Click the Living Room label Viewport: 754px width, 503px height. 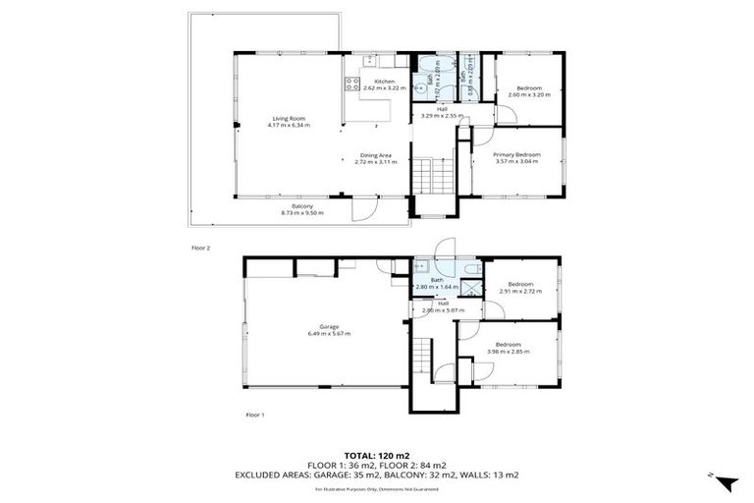(290, 119)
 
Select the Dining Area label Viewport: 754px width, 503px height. (376, 155)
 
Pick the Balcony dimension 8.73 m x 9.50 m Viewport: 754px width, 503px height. (302, 212)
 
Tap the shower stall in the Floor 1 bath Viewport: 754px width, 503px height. (471, 288)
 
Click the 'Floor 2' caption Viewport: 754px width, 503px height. (201, 248)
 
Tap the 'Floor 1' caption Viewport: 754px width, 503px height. (255, 416)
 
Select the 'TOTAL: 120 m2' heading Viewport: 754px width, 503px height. (376, 455)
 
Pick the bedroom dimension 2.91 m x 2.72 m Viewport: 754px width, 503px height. (520, 292)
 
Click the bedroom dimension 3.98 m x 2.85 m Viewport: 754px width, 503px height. (508, 351)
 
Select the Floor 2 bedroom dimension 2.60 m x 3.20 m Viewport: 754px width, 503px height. (529, 94)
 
